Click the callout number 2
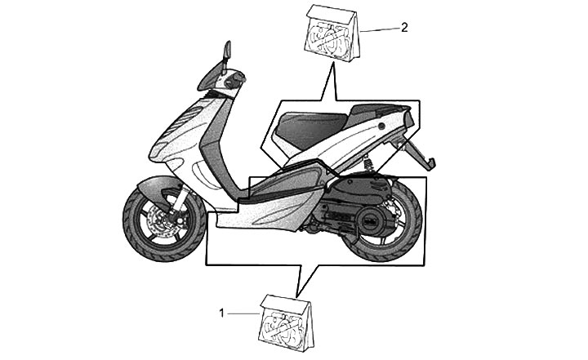point(404,27)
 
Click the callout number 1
point(221,312)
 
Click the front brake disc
point(165,222)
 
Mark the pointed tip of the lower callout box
point(299,293)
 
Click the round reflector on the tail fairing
point(382,129)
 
